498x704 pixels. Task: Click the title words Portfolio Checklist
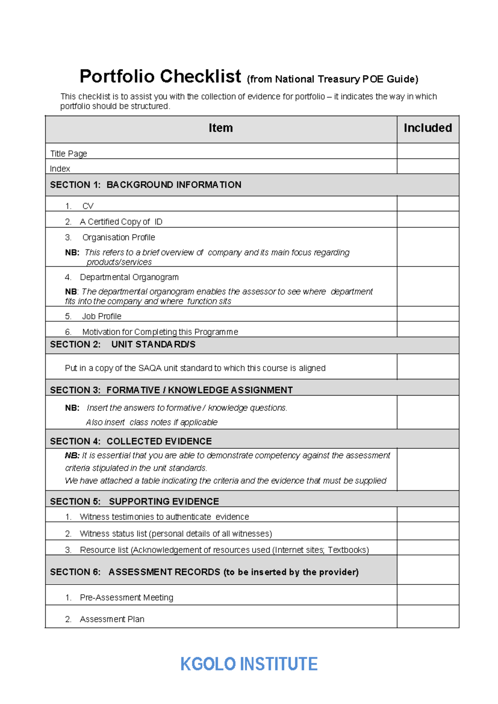click(x=160, y=76)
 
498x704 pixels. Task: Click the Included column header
click(x=427, y=128)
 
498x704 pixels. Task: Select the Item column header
click(x=220, y=128)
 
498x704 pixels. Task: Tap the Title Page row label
click(x=68, y=154)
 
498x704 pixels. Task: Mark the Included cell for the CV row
click(x=427, y=204)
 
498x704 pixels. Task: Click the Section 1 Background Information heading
click(x=146, y=185)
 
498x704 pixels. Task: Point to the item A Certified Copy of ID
click(x=121, y=222)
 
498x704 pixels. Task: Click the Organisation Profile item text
click(x=118, y=237)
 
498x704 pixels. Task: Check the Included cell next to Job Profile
click(x=427, y=314)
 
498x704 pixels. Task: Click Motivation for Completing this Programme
click(x=160, y=332)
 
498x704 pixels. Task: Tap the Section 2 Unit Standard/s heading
click(x=123, y=345)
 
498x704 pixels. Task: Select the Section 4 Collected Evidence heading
click(x=131, y=441)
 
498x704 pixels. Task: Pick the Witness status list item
click(x=176, y=533)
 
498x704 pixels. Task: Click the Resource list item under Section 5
click(x=224, y=550)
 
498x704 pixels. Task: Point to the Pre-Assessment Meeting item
click(x=126, y=597)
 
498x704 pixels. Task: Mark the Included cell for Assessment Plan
click(x=427, y=616)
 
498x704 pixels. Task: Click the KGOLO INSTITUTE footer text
click(x=249, y=664)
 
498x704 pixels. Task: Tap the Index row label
click(x=60, y=169)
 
